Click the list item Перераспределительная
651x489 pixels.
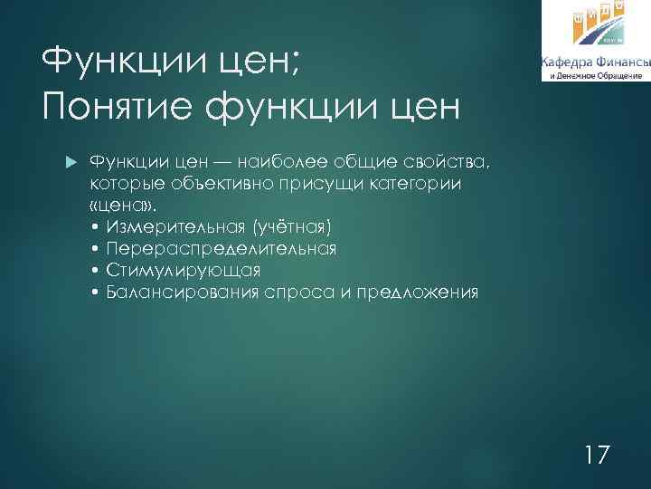click(221, 248)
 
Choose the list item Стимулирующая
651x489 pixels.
click(183, 270)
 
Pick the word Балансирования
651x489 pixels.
click(183, 292)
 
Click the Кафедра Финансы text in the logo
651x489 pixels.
click(594, 62)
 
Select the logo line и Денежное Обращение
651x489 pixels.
click(594, 76)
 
